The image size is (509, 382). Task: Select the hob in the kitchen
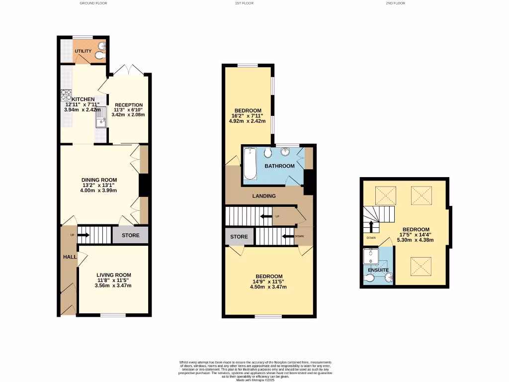pyautogui.click(x=66, y=95)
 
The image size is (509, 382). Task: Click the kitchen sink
pyautogui.click(x=101, y=119)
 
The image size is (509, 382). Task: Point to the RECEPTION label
pyautogui.click(x=128, y=105)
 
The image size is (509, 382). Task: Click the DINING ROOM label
pyautogui.click(x=99, y=180)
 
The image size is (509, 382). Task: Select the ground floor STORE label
pyautogui.click(x=131, y=235)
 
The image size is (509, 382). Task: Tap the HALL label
pyautogui.click(x=70, y=257)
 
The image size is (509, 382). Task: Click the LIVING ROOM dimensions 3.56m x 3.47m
pyautogui.click(x=114, y=286)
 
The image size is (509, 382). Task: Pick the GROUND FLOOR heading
pyautogui.click(x=93, y=3)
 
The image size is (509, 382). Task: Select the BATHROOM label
pyautogui.click(x=279, y=166)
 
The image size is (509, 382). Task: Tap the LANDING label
pyautogui.click(x=264, y=196)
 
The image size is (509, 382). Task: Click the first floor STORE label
pyautogui.click(x=239, y=237)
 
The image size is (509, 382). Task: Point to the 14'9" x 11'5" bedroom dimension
pyautogui.click(x=269, y=282)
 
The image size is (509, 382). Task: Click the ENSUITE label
pyautogui.click(x=378, y=271)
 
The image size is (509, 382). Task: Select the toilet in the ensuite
pyautogui.click(x=370, y=278)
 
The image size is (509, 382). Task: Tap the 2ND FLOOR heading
pyautogui.click(x=395, y=3)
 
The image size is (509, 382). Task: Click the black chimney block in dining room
pyautogui.click(x=145, y=185)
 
